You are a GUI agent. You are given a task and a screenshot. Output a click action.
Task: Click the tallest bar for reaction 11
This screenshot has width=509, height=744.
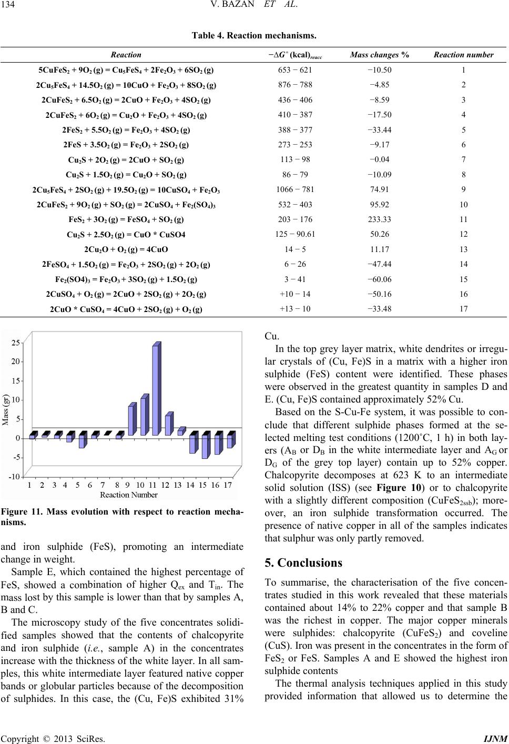point(155,390)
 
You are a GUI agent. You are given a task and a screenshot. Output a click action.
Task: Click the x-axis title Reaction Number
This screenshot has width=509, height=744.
point(129,495)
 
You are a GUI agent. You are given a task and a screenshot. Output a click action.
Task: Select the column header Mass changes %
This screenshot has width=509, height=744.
point(380,54)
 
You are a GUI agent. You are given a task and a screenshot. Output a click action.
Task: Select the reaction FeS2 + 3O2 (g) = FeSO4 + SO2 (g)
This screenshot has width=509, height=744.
point(126,219)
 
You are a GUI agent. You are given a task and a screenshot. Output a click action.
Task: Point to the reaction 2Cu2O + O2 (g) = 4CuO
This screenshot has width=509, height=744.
point(126,249)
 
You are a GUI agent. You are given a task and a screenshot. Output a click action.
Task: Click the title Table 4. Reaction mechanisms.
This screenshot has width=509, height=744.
point(254,36)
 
